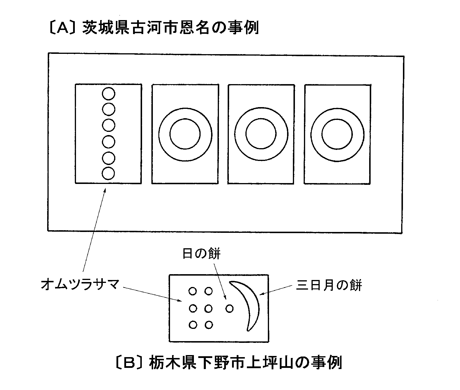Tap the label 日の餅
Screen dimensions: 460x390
(201, 253)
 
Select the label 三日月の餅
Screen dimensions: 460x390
(329, 285)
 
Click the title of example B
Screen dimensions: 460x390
(229, 362)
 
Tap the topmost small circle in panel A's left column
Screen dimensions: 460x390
(109, 94)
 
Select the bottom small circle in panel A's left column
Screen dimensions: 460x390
(108, 173)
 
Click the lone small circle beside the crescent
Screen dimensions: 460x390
(229, 309)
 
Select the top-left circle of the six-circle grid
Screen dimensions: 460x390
(192, 291)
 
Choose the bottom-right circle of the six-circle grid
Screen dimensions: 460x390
(209, 325)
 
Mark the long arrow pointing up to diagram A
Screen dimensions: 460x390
(94, 230)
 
